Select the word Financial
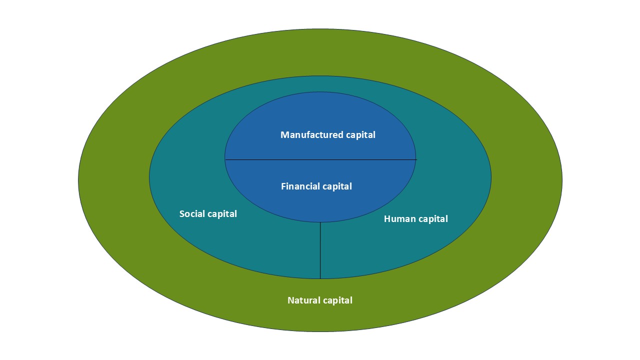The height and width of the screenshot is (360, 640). coord(299,186)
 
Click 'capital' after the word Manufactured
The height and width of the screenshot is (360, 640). coord(360,135)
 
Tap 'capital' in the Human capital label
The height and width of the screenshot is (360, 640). coord(432,219)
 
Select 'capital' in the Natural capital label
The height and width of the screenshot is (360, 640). coord(337,300)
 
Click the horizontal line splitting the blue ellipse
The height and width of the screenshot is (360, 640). coord(320,159)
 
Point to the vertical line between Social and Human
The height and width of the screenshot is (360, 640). coord(320,250)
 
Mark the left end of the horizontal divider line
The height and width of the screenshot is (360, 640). coord(225,159)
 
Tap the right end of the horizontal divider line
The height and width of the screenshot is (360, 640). coord(416,159)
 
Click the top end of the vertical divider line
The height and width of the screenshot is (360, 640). coord(320,223)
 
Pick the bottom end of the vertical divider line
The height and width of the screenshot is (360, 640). coord(320,278)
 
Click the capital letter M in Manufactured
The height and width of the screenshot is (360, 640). coord(284,135)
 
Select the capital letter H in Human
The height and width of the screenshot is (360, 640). coord(387,219)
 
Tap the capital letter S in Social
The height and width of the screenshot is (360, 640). coord(182,214)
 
